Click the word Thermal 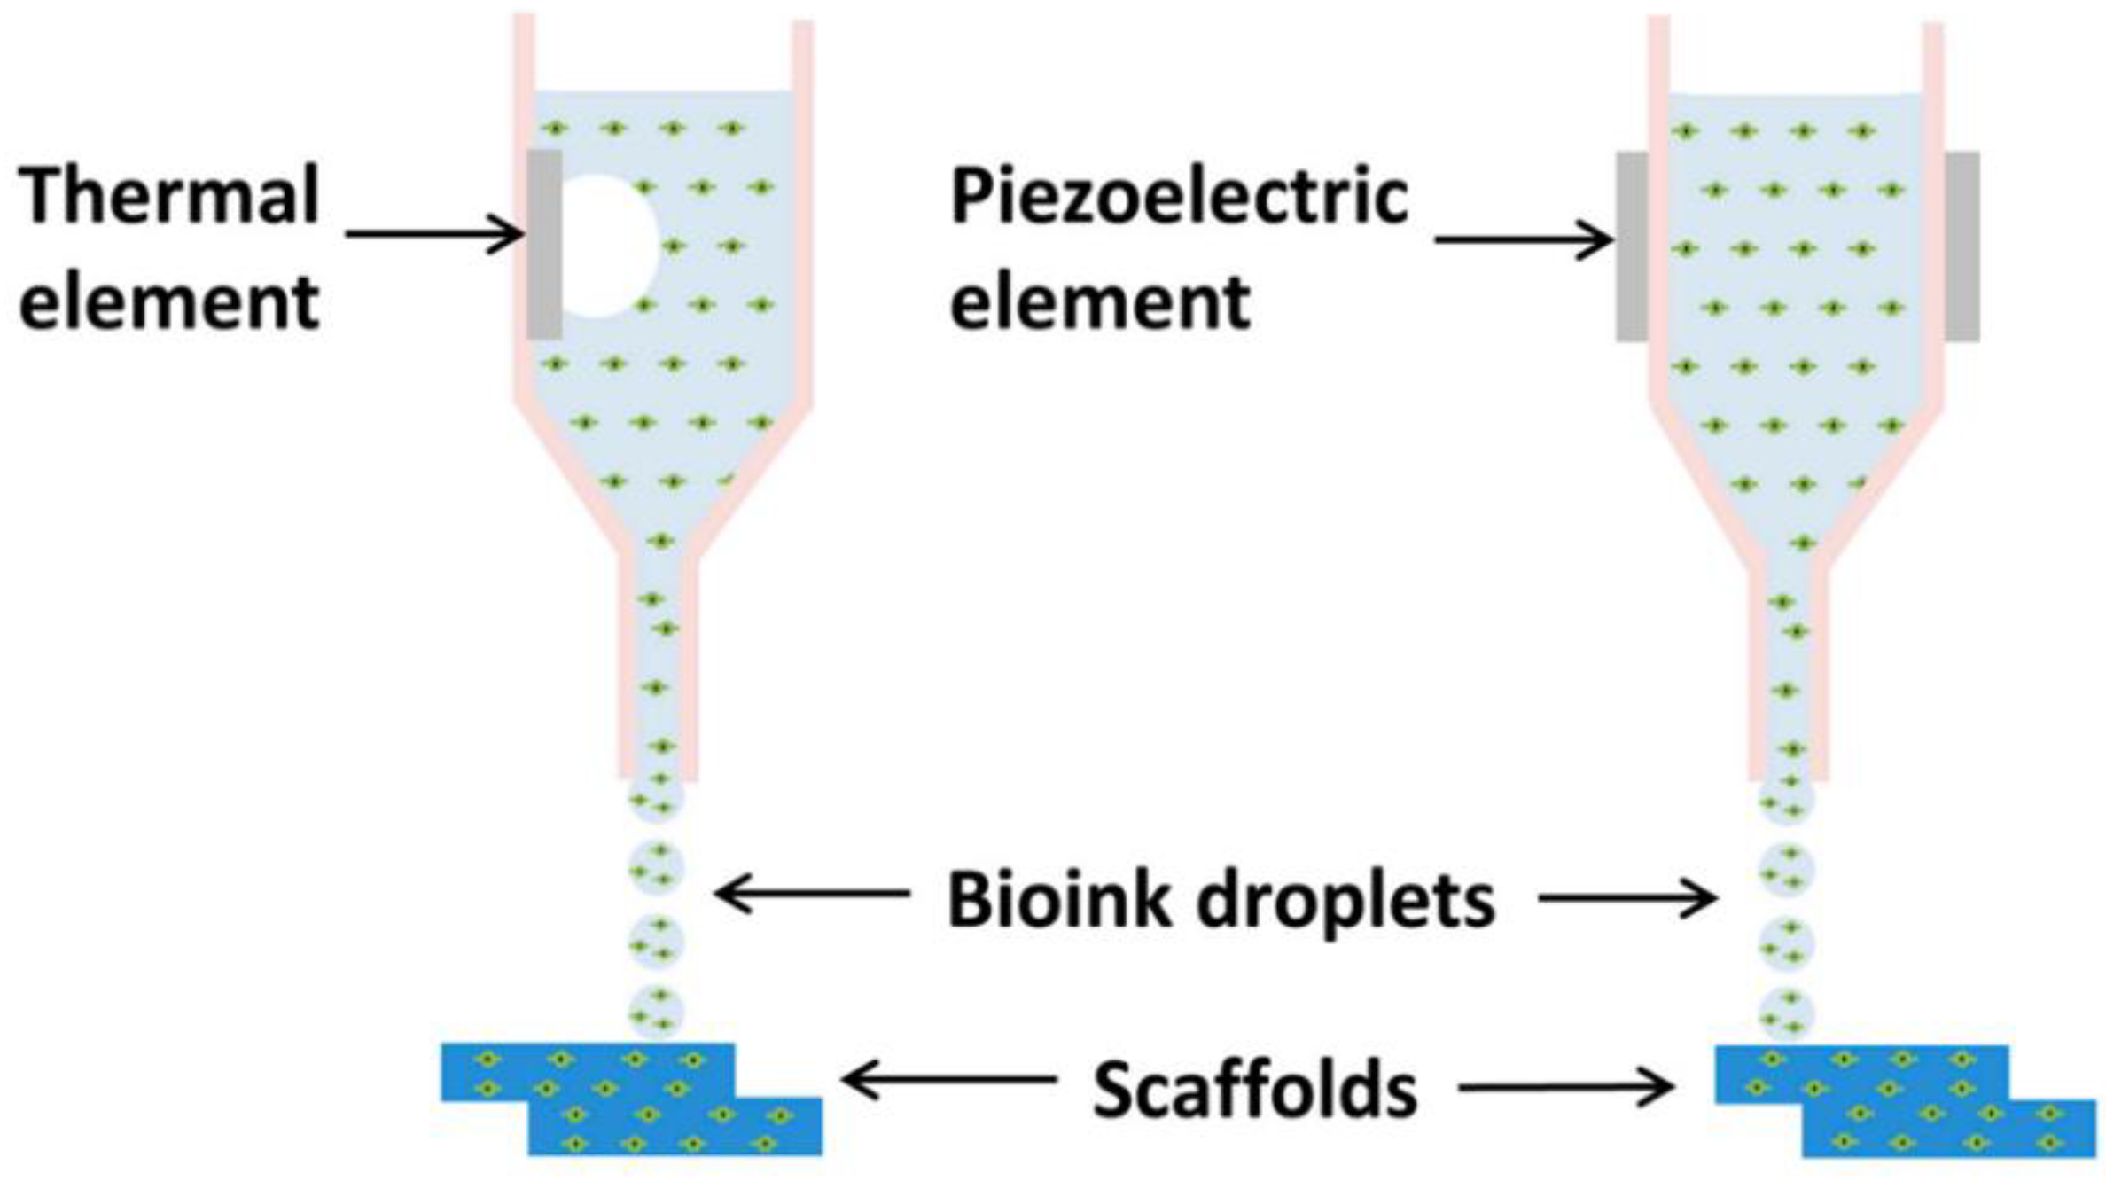click(x=168, y=196)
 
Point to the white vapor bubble click(x=612, y=246)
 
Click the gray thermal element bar click(x=544, y=244)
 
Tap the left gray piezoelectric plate click(x=1632, y=246)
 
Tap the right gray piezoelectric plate click(x=1962, y=246)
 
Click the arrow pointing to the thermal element click(x=434, y=235)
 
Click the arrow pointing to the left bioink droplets click(x=811, y=893)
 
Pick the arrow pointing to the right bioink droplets click(x=1627, y=899)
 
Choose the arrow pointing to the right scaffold click(x=1565, y=1087)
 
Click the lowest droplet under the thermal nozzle click(x=656, y=1012)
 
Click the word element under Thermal click(x=168, y=302)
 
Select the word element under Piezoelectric click(x=1100, y=302)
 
